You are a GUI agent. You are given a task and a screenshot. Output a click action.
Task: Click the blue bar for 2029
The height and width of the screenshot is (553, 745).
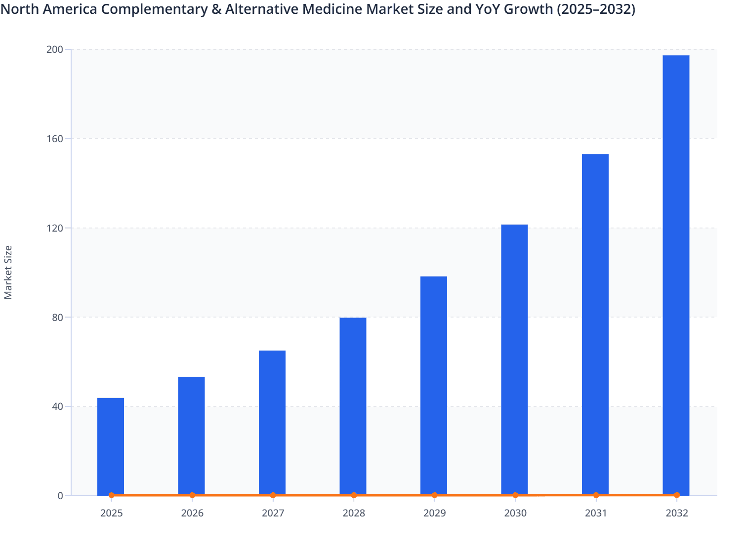(x=434, y=385)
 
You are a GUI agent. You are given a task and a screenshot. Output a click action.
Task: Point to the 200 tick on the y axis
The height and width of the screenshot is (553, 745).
(x=55, y=49)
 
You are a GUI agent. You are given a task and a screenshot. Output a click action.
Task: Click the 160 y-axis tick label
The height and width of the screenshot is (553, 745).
(x=55, y=139)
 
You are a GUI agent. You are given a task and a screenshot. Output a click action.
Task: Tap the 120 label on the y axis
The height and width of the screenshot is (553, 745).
(x=55, y=228)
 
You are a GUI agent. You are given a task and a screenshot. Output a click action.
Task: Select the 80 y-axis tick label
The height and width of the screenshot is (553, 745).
(x=57, y=317)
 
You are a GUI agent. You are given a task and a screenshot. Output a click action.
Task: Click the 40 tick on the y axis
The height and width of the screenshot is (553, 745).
(x=57, y=407)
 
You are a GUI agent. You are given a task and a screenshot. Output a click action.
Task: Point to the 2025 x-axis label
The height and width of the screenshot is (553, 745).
(x=111, y=513)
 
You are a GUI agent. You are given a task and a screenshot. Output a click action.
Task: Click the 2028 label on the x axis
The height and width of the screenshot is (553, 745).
(x=354, y=513)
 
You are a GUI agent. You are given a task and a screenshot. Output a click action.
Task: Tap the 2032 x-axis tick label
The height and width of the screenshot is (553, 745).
(x=677, y=513)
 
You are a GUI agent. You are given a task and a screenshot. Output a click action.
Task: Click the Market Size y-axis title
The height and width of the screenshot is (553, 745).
(x=8, y=272)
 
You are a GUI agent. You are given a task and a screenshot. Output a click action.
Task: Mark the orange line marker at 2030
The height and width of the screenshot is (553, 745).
(x=515, y=495)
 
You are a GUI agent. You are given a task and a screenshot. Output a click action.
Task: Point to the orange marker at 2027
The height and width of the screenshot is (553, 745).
(x=273, y=495)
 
